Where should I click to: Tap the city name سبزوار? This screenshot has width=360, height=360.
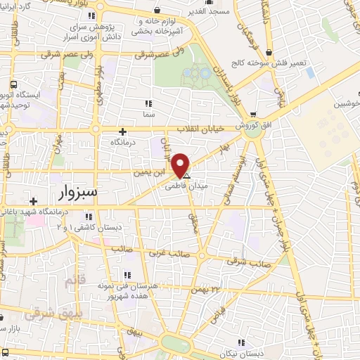[77, 191]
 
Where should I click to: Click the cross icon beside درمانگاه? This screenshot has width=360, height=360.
[123, 131]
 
